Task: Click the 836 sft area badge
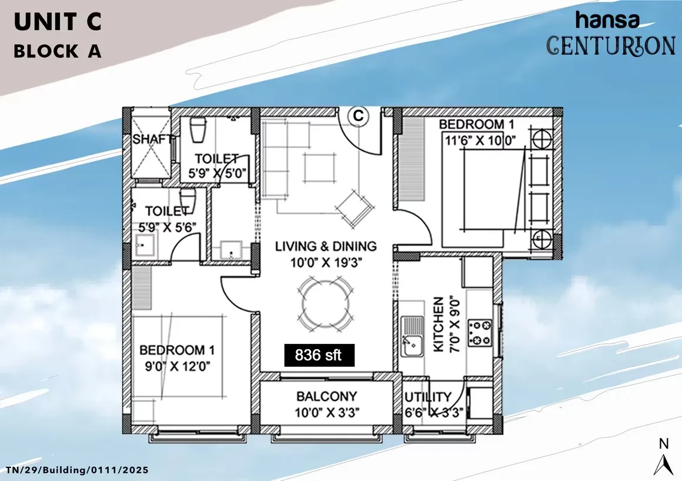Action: (x=319, y=355)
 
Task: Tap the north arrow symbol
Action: (x=663, y=465)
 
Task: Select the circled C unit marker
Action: (x=358, y=116)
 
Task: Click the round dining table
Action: (x=325, y=303)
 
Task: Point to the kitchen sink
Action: (x=412, y=336)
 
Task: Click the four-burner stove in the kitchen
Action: (x=480, y=333)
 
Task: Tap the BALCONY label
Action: (x=327, y=396)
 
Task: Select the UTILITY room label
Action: (x=428, y=397)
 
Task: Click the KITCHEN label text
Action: (x=439, y=325)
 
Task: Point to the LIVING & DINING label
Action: (x=326, y=246)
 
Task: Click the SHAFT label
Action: (x=152, y=139)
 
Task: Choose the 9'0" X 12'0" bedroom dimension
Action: (x=178, y=366)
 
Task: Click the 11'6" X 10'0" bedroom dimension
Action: (x=480, y=140)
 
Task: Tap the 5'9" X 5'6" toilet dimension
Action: (x=167, y=227)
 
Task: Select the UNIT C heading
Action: (x=58, y=22)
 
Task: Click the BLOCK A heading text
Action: (x=58, y=51)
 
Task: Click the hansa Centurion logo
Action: (x=610, y=34)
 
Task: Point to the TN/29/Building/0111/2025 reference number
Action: (x=77, y=470)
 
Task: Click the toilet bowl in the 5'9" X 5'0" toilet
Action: (x=198, y=129)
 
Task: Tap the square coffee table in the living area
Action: (x=320, y=168)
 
